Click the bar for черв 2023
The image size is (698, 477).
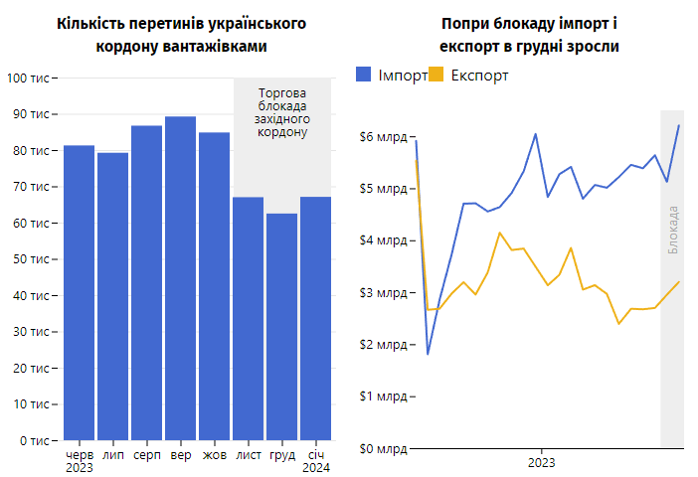79,293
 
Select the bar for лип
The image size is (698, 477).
112,296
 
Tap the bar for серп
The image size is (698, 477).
146,283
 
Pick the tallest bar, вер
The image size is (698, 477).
180,278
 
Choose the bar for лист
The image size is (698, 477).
248,318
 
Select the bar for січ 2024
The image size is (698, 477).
315,318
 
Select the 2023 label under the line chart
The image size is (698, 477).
541,463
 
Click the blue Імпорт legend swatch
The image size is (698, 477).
364,75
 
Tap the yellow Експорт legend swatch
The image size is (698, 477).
436,75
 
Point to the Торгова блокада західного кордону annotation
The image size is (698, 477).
282,112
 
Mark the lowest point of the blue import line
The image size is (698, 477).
428,354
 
